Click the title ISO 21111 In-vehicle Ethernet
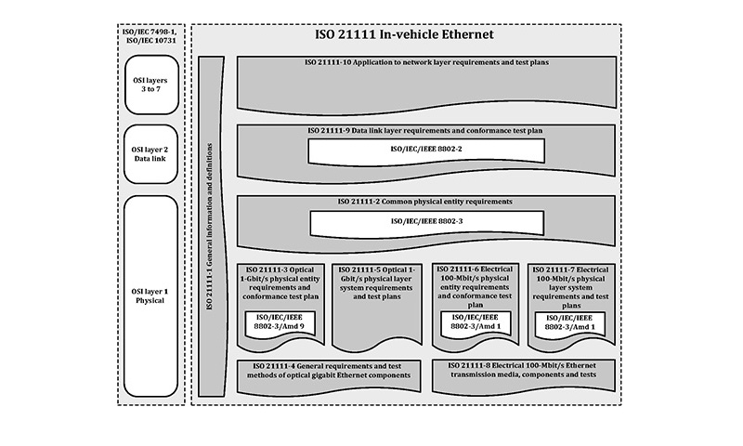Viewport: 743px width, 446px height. pyautogui.click(x=402, y=35)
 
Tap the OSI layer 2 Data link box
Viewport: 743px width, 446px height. pyautogui.click(x=150, y=155)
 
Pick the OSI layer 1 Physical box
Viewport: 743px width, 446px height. pyautogui.click(x=150, y=295)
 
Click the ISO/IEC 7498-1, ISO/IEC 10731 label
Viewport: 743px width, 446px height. pyautogui.click(x=150, y=35)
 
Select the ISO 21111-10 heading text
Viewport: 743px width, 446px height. pyautogui.click(x=426, y=62)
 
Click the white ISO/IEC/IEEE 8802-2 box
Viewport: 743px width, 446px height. pyautogui.click(x=426, y=150)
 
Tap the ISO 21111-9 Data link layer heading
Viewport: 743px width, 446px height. pyautogui.click(x=426, y=131)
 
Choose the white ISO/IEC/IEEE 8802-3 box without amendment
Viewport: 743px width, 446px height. pyautogui.click(x=426, y=222)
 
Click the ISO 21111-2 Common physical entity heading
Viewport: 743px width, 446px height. pyautogui.click(x=426, y=202)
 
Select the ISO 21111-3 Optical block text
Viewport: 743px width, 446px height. pyautogui.click(x=280, y=284)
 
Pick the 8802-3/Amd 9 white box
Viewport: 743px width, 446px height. pyautogui.click(x=280, y=323)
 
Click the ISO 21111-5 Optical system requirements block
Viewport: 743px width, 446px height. pyautogui.click(x=378, y=284)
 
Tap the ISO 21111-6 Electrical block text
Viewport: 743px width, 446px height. pyautogui.click(x=476, y=284)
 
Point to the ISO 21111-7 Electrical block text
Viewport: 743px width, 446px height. pyautogui.click(x=571, y=284)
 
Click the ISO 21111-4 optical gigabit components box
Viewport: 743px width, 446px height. pyautogui.click(x=330, y=371)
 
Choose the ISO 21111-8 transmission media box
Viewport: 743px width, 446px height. pyautogui.click(x=524, y=371)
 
